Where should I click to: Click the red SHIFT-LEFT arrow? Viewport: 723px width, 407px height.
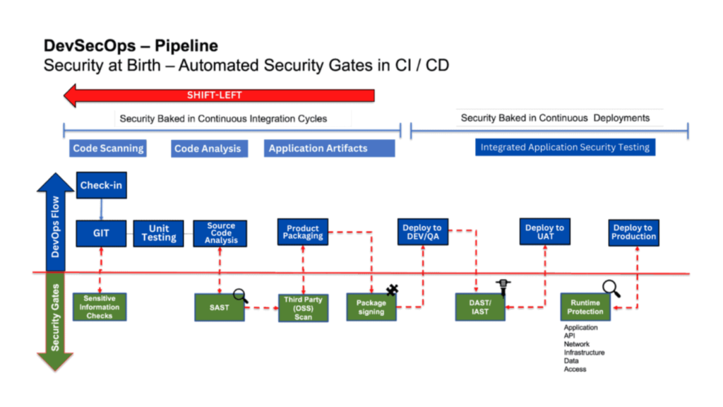click(219, 95)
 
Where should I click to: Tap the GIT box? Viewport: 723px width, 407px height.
click(101, 232)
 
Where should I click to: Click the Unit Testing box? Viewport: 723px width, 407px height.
click(159, 233)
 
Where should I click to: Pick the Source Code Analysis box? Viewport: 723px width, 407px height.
click(220, 233)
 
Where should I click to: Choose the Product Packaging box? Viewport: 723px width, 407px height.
click(303, 232)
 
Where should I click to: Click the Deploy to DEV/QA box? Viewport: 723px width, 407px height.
click(422, 232)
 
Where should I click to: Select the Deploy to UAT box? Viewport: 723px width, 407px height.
click(544, 232)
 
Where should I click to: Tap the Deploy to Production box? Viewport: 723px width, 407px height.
click(633, 232)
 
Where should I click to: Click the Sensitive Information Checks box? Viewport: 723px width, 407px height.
click(100, 307)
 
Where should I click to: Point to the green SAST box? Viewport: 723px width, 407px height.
click(219, 307)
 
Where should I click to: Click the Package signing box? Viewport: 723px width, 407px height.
click(371, 307)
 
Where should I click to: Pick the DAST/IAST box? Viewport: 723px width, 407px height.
click(480, 307)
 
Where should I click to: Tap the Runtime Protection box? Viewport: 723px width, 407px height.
click(585, 307)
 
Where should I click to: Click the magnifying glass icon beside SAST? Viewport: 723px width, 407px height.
click(241, 296)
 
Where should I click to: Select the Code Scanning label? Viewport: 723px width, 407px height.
click(108, 148)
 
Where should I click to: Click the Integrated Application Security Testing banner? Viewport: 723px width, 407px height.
click(565, 147)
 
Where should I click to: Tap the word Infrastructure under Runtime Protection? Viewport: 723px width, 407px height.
click(584, 353)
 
